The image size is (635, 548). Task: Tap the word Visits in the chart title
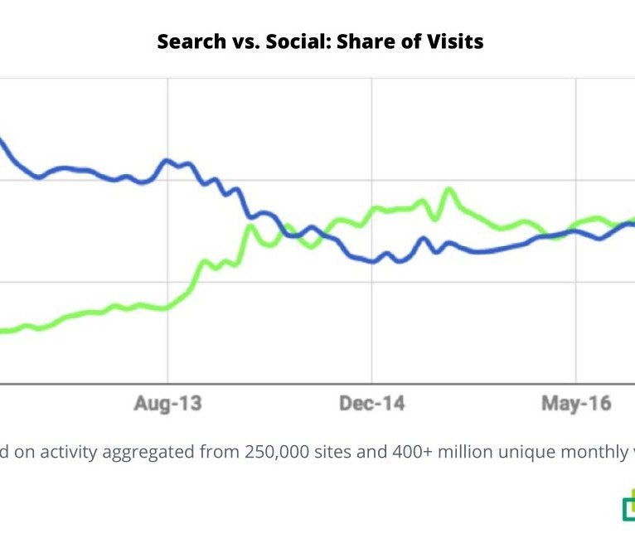(x=453, y=41)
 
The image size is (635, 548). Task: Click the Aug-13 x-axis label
(x=168, y=404)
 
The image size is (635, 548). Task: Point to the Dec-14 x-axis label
(x=372, y=404)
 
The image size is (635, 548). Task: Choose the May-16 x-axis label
(x=576, y=404)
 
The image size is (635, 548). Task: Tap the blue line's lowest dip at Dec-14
(x=373, y=261)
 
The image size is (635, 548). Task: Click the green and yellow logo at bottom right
(x=628, y=507)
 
